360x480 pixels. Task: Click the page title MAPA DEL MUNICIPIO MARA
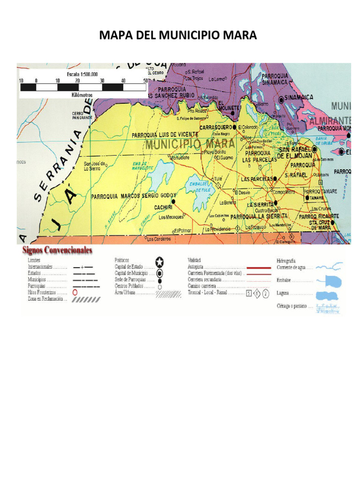click(178, 36)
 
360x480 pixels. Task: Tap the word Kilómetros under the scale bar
click(82, 95)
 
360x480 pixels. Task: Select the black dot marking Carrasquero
click(234, 127)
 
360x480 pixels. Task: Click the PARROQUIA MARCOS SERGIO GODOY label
click(134, 196)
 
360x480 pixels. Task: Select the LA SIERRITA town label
click(261, 205)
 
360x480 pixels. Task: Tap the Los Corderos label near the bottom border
click(157, 239)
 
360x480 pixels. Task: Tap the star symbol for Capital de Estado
click(159, 262)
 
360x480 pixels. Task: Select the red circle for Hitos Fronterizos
click(75, 292)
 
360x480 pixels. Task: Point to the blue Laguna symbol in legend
click(328, 295)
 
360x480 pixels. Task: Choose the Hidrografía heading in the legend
click(286, 261)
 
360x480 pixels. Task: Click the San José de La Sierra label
click(95, 166)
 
